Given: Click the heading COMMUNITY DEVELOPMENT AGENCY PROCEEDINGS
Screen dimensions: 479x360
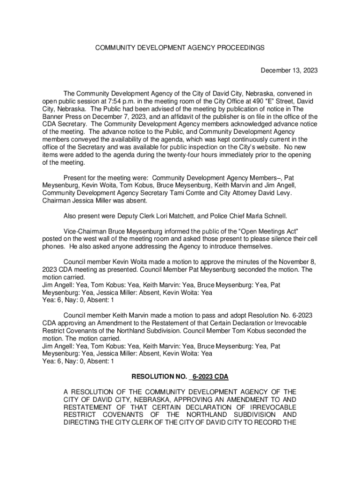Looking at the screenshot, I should point(180,48).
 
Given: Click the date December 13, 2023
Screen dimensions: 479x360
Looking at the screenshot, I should point(289,71).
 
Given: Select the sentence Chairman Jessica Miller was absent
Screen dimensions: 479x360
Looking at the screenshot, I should point(95,201).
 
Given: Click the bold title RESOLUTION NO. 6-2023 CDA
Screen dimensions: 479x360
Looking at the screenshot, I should point(180,376).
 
